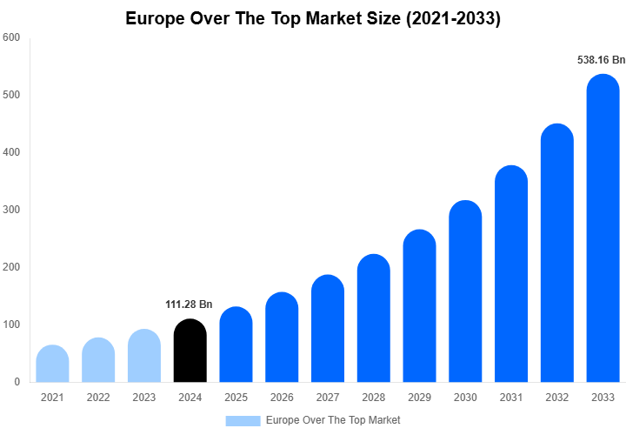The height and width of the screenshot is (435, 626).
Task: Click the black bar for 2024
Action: point(190,351)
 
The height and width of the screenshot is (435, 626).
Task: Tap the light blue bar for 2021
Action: point(53,365)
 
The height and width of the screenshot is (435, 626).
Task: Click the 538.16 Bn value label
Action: point(602,60)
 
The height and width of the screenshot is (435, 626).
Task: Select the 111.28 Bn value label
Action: point(189,304)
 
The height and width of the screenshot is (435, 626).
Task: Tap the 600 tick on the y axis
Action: point(12,37)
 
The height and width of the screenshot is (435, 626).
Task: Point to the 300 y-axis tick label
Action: point(12,210)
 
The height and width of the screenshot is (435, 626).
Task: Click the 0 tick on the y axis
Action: point(17,382)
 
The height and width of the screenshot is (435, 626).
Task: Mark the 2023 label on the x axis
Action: point(144,398)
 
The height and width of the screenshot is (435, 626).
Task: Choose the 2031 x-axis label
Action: point(511,398)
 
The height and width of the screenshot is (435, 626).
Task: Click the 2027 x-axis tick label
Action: point(328,398)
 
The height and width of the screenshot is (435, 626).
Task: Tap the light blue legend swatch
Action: point(243,420)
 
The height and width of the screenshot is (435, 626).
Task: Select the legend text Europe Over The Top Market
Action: point(333,420)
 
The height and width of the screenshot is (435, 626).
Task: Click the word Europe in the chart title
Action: point(157,18)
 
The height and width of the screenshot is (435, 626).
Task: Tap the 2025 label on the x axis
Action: point(236,398)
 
